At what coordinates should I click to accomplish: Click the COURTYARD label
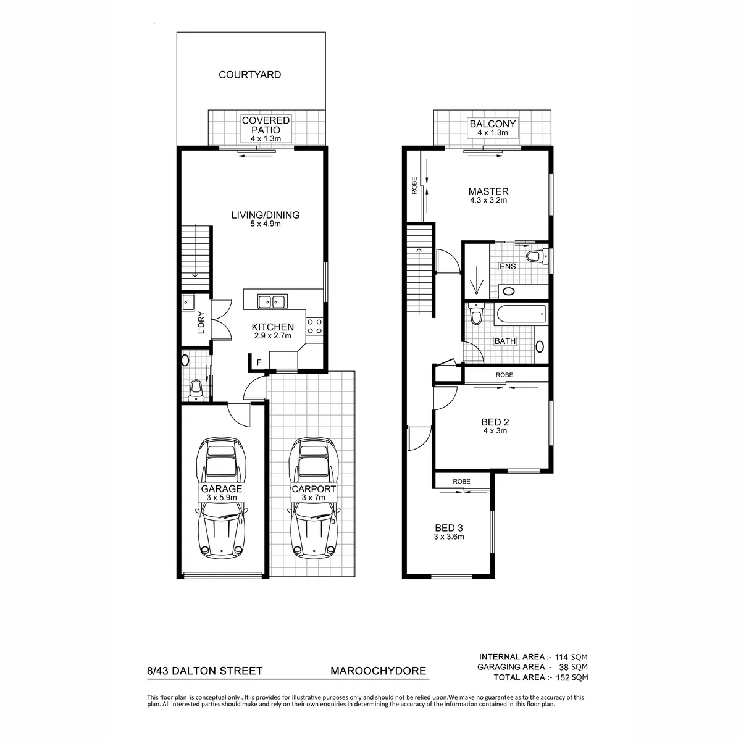pyautogui.click(x=249, y=75)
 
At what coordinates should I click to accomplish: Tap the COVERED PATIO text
pyautogui.click(x=266, y=125)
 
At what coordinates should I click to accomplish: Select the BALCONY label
pyautogui.click(x=492, y=124)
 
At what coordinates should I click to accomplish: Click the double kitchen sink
pyautogui.click(x=272, y=302)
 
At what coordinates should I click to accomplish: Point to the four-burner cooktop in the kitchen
pyautogui.click(x=314, y=326)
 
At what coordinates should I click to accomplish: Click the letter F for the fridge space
pyautogui.click(x=259, y=362)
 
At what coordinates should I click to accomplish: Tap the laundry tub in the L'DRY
pyautogui.click(x=188, y=302)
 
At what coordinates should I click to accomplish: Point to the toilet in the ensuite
pyautogui.click(x=537, y=256)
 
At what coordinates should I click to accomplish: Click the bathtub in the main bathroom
pyautogui.click(x=521, y=314)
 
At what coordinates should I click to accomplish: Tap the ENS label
pyautogui.click(x=508, y=267)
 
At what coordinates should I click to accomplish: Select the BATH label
pyautogui.click(x=505, y=341)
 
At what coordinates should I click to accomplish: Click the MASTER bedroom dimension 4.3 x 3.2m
pyautogui.click(x=488, y=200)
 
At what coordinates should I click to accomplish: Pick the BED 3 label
pyautogui.click(x=449, y=528)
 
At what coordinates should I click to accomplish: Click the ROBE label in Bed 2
pyautogui.click(x=504, y=375)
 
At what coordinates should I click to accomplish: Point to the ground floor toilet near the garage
pyautogui.click(x=196, y=390)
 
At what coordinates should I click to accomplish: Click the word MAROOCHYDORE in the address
pyautogui.click(x=378, y=671)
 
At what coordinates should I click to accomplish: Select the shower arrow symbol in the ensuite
pyautogui.click(x=477, y=280)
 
